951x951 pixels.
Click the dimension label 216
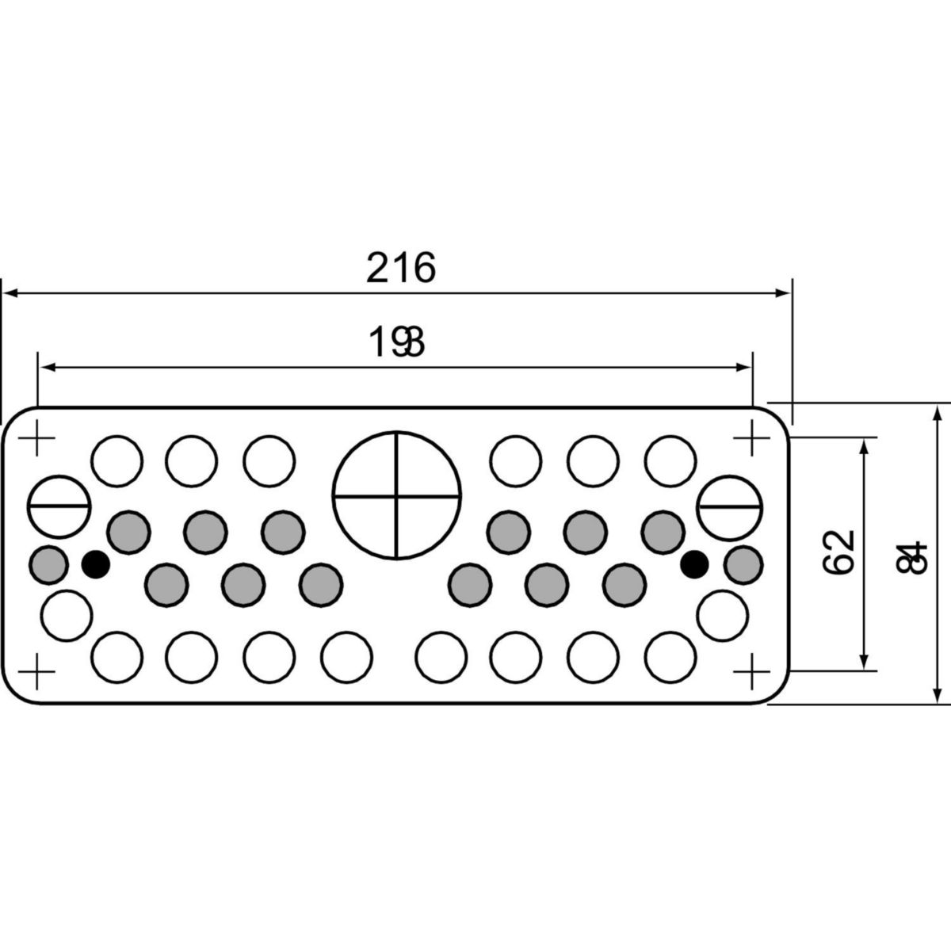coord(400,268)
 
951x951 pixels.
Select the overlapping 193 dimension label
coord(399,342)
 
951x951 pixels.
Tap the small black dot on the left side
coord(96,563)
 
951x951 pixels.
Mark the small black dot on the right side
coord(694,563)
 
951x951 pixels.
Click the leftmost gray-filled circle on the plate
coord(48,563)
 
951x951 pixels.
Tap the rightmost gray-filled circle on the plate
coord(743,563)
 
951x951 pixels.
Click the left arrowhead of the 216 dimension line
coord(10,293)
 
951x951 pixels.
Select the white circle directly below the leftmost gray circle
coord(66,615)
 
